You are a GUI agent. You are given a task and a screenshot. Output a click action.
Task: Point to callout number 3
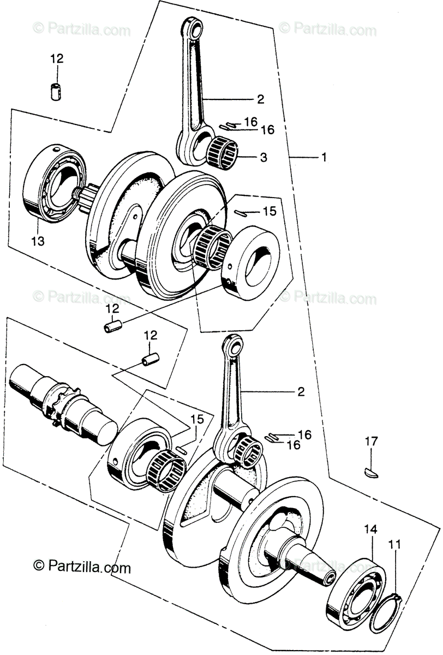point(263,158)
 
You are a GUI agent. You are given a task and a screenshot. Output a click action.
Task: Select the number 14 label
point(370,529)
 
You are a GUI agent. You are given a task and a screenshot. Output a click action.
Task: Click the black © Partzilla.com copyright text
point(82,567)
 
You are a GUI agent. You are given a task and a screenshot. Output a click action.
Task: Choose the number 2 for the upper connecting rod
point(260,99)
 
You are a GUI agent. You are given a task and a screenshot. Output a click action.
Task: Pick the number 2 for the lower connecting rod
point(301,392)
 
